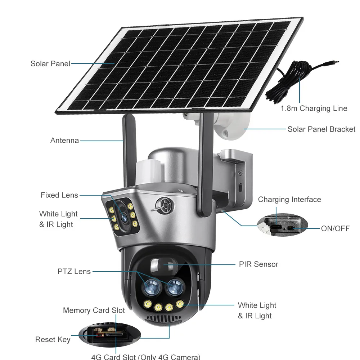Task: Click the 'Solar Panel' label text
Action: click(x=50, y=64)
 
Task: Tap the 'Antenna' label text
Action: click(x=65, y=140)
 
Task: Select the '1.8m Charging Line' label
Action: click(x=314, y=108)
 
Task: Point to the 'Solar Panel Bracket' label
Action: click(x=321, y=129)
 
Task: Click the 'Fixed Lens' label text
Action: click(x=59, y=195)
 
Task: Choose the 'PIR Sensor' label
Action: click(x=258, y=264)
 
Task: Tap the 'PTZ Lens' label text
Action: click(x=74, y=271)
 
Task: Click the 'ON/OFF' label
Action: click(x=335, y=228)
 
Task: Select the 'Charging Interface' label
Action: click(x=289, y=199)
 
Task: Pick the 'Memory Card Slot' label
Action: click(x=94, y=310)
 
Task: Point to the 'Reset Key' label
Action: click(x=53, y=340)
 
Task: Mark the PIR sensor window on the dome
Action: click(x=163, y=266)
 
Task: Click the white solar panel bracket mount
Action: click(x=230, y=128)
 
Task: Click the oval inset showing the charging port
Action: click(x=282, y=225)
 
